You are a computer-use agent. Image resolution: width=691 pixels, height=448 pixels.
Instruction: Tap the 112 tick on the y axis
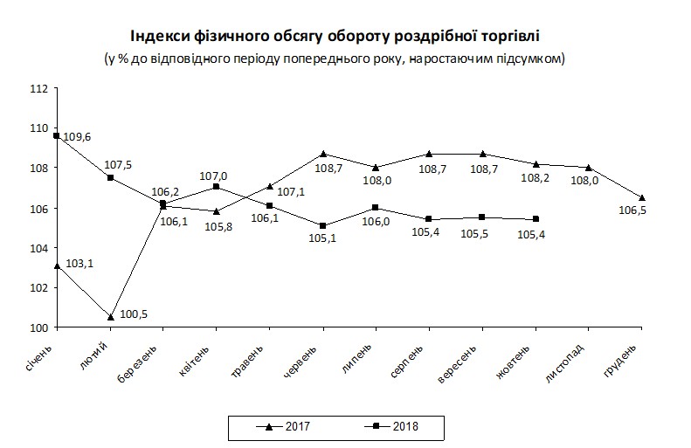tap(38, 89)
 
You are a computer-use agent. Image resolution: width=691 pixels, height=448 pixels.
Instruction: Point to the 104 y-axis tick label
tap(38, 249)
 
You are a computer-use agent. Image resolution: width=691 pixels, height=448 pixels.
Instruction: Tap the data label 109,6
tap(77, 137)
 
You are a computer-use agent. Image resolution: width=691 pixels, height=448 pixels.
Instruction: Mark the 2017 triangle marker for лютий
tap(110, 316)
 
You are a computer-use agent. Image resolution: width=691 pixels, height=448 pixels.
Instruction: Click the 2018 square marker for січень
tap(57, 135)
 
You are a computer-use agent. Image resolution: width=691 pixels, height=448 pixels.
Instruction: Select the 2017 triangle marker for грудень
tap(643, 197)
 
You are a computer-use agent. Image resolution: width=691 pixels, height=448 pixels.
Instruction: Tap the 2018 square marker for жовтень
tap(536, 218)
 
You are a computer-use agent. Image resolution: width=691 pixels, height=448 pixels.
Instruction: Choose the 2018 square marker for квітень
tap(217, 186)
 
